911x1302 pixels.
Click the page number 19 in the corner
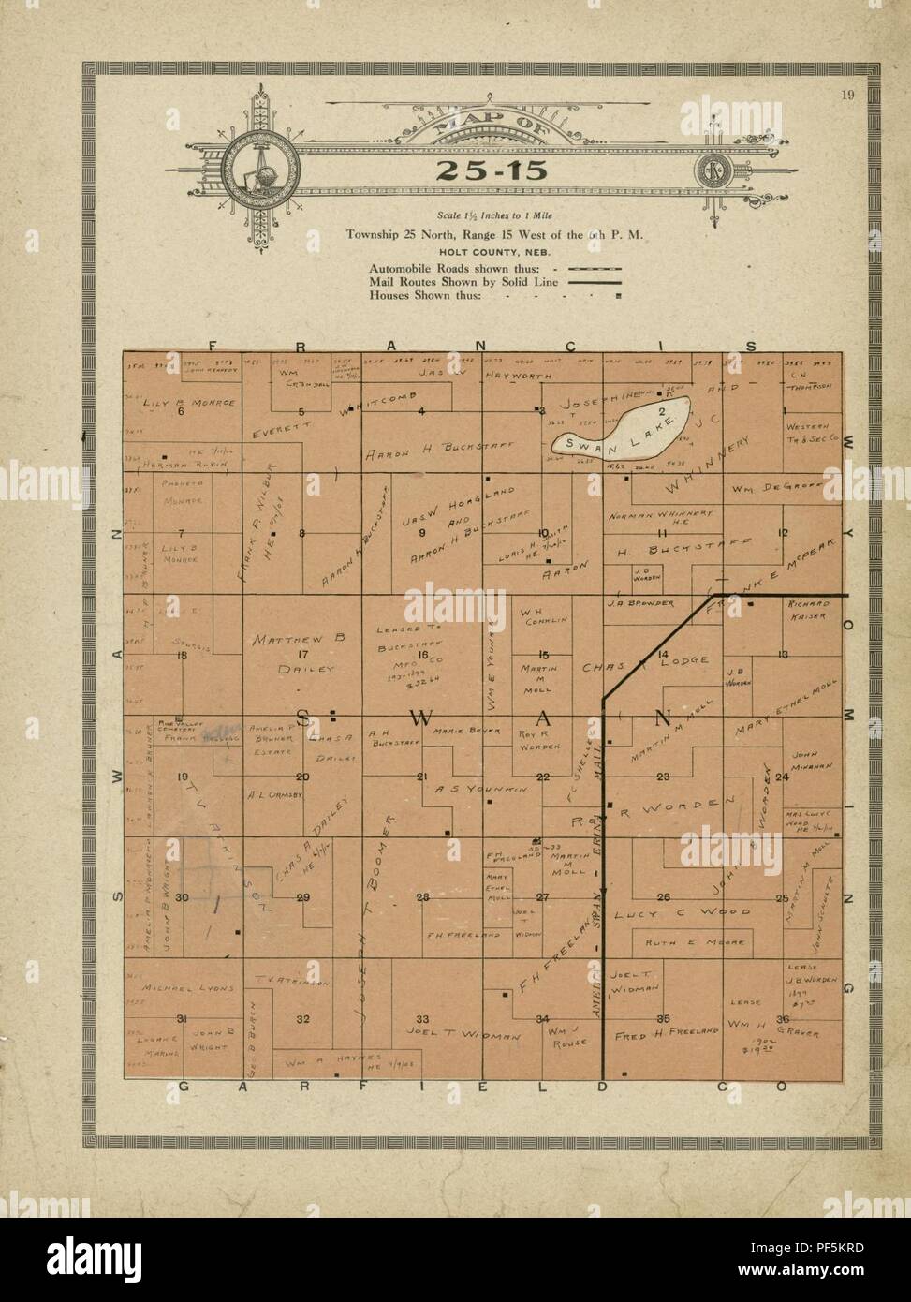(846, 91)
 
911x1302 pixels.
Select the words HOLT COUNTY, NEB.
(484, 251)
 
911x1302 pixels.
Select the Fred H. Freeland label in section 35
(666, 1035)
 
